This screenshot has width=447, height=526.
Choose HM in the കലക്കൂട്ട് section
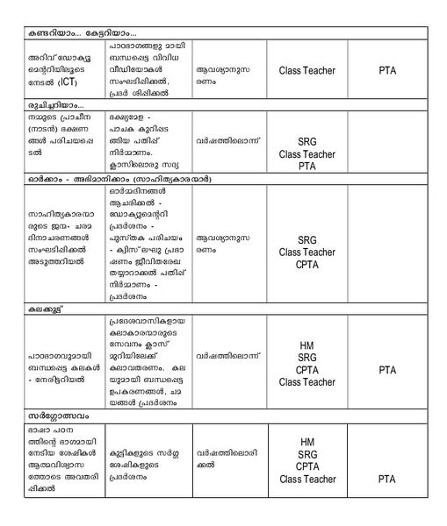306,345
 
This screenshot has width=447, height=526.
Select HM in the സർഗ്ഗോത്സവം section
306,442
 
